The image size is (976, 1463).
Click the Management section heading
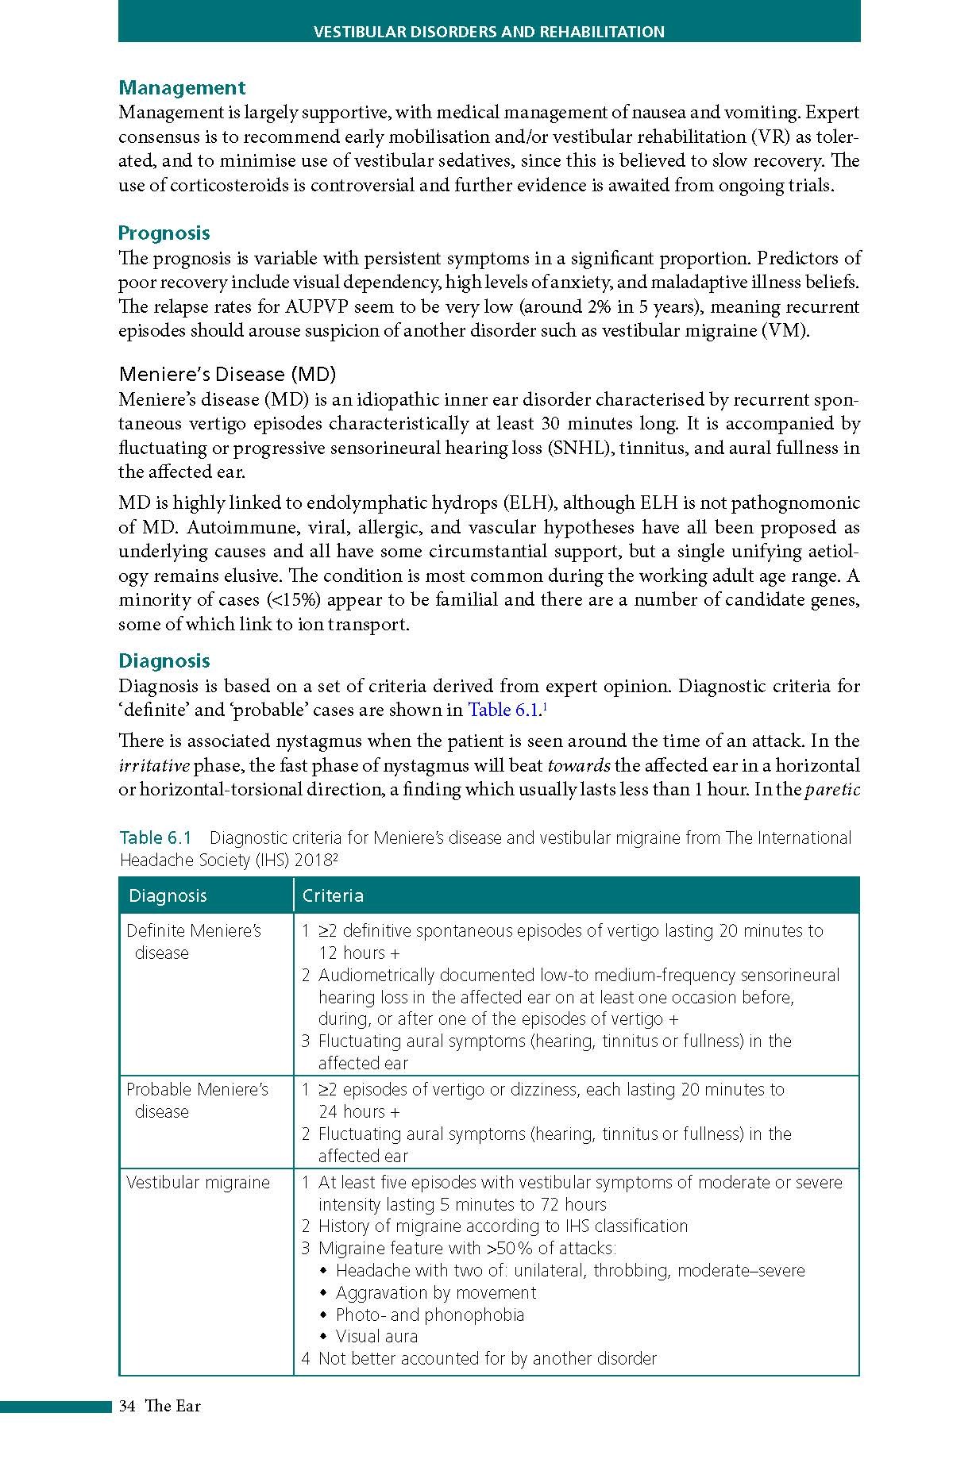tap(182, 88)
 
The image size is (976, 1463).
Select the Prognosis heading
tap(164, 233)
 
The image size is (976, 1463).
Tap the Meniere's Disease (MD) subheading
tap(227, 374)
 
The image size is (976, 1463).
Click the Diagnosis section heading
tap(164, 661)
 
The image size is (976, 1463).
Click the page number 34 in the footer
tap(126, 1406)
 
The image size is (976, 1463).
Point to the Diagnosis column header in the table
tap(168, 896)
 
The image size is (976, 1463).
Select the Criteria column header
tap(333, 896)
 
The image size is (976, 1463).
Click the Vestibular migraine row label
tap(198, 1183)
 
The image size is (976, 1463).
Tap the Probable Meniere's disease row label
tap(197, 1100)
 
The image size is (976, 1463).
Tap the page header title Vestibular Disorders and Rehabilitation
tap(489, 33)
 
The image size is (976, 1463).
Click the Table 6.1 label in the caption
tap(156, 838)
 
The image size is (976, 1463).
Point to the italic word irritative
tap(154, 766)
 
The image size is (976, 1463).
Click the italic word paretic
tap(832, 791)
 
